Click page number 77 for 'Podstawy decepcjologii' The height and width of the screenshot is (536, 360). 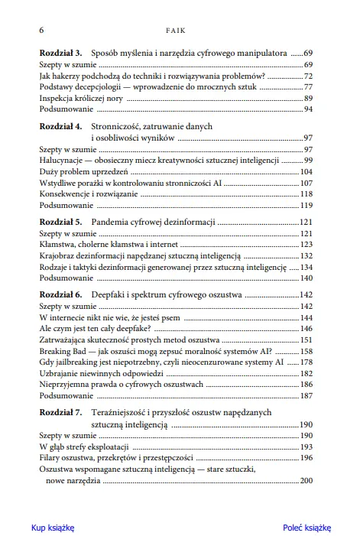point(308,87)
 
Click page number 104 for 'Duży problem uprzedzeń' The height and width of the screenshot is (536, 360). point(306,173)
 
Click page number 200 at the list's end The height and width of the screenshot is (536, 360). point(306,480)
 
